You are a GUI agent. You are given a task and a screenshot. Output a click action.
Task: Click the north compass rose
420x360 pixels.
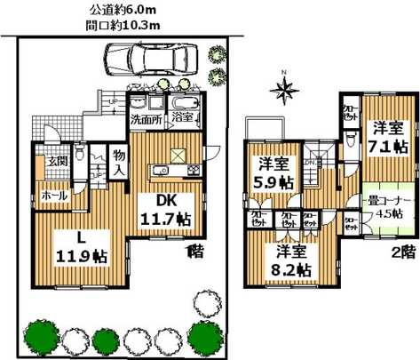[x=284, y=87]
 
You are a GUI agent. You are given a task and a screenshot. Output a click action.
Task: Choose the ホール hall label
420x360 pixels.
[x=50, y=193]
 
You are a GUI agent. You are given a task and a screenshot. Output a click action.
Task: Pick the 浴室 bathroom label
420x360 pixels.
[x=182, y=117]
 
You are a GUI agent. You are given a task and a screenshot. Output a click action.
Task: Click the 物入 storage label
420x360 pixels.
[x=117, y=164]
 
